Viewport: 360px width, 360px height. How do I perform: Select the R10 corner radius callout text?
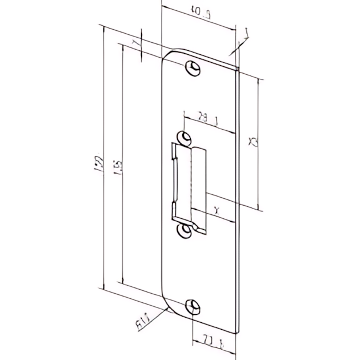pos(142,324)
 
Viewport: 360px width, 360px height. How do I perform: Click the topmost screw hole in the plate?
pos(194,68)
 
